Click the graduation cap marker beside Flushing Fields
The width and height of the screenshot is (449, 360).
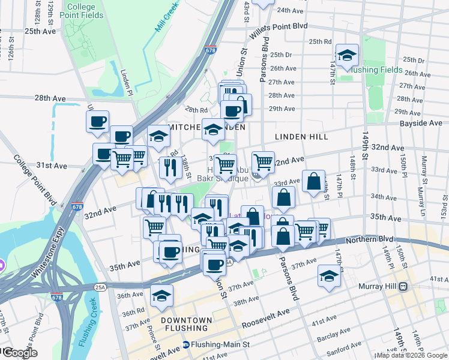pyautogui.click(x=346, y=56)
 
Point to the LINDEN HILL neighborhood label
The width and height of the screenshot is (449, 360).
pyautogui.click(x=301, y=137)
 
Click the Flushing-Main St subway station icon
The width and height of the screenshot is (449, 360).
pyautogui.click(x=186, y=344)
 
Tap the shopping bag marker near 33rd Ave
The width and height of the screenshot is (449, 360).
pyautogui.click(x=313, y=181)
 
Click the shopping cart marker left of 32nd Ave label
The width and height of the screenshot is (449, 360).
pyautogui.click(x=263, y=161)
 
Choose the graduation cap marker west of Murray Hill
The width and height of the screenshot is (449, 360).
pyautogui.click(x=329, y=276)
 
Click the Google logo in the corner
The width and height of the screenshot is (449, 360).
pyautogui.click(x=19, y=353)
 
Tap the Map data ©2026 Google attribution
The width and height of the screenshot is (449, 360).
pyautogui.click(x=412, y=355)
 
